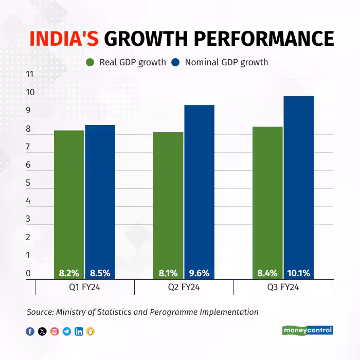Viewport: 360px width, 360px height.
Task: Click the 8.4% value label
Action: coord(267,273)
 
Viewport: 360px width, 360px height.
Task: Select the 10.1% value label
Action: coord(299,273)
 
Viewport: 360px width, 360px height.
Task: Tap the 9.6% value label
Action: coord(200,273)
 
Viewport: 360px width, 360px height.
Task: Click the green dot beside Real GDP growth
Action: coord(90,62)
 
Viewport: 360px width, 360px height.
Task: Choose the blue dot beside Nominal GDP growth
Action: coord(175,62)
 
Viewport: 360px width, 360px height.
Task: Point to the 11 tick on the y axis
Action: coord(29,75)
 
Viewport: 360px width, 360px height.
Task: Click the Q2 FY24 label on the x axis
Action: coord(184,287)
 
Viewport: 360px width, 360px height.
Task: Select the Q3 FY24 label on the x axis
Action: coord(283,287)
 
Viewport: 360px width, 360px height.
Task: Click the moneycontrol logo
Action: coord(308,330)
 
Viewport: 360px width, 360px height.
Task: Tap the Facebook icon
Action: coord(30,331)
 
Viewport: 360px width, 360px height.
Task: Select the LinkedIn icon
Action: coord(79,331)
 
